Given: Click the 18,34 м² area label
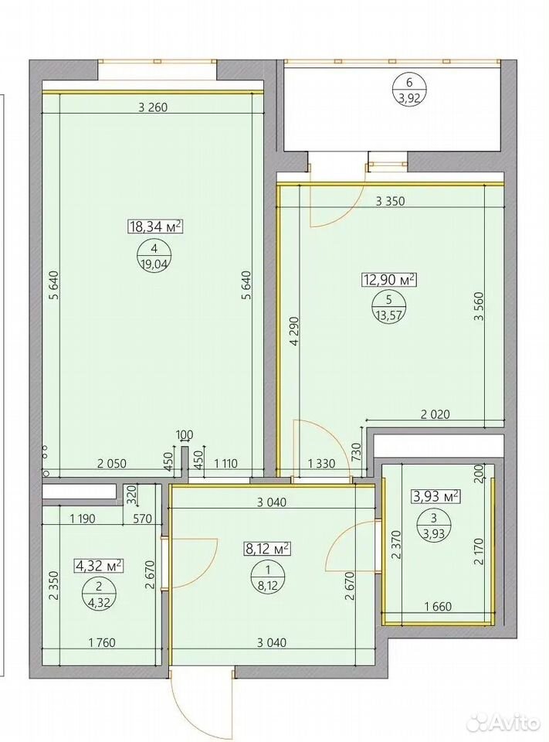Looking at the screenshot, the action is (x=155, y=226).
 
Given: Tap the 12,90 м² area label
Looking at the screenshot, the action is (x=388, y=280).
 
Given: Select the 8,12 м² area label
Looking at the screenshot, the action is (x=266, y=549).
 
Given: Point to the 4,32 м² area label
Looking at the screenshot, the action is (x=100, y=565).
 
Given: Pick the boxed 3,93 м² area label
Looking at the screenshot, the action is (x=437, y=496).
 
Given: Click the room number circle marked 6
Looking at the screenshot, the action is (x=409, y=90).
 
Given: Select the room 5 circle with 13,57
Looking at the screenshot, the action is (x=388, y=308).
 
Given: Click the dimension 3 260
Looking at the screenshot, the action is (x=153, y=107).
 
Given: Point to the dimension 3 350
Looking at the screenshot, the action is (x=390, y=201).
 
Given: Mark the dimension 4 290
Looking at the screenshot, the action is (x=295, y=332).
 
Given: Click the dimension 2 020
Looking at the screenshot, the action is (x=435, y=414).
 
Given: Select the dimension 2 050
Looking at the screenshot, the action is (x=112, y=463).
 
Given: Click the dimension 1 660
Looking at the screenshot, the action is (x=438, y=606).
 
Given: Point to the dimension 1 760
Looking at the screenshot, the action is (x=102, y=642).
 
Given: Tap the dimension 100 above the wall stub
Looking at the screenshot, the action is (x=185, y=434).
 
